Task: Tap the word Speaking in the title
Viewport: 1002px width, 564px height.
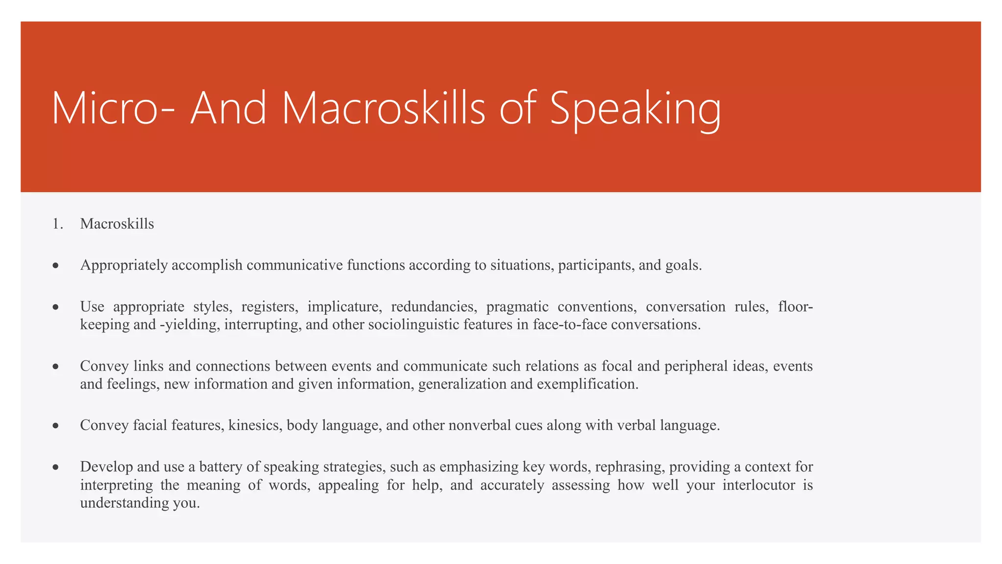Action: coord(635,108)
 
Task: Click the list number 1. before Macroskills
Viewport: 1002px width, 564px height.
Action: coord(58,224)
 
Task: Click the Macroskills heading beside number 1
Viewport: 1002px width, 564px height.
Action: coord(117,224)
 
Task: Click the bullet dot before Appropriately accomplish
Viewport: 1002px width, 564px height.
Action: coord(56,266)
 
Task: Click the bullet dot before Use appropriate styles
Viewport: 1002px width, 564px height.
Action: coord(56,307)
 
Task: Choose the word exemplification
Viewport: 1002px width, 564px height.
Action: coord(587,384)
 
